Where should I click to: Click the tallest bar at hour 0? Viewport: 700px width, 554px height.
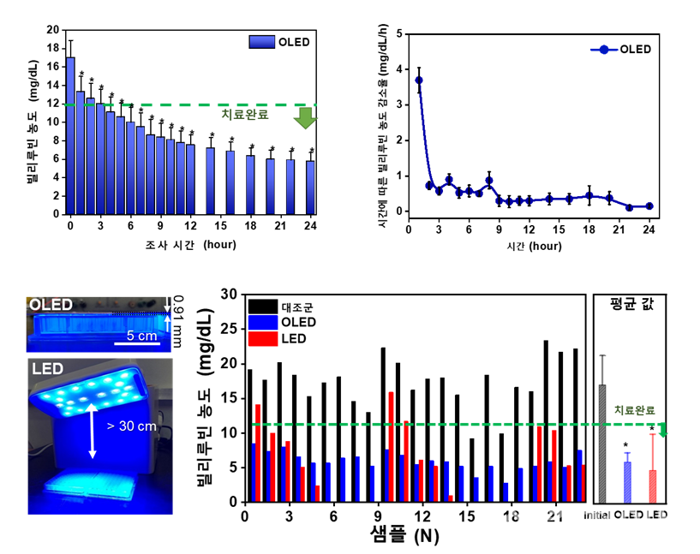point(70,136)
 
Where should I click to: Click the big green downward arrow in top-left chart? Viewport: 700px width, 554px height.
point(304,119)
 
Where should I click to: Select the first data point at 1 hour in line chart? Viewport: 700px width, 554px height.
point(419,80)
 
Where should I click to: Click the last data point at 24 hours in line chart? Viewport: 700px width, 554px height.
point(649,206)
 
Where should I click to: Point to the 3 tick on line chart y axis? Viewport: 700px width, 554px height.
point(400,104)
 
